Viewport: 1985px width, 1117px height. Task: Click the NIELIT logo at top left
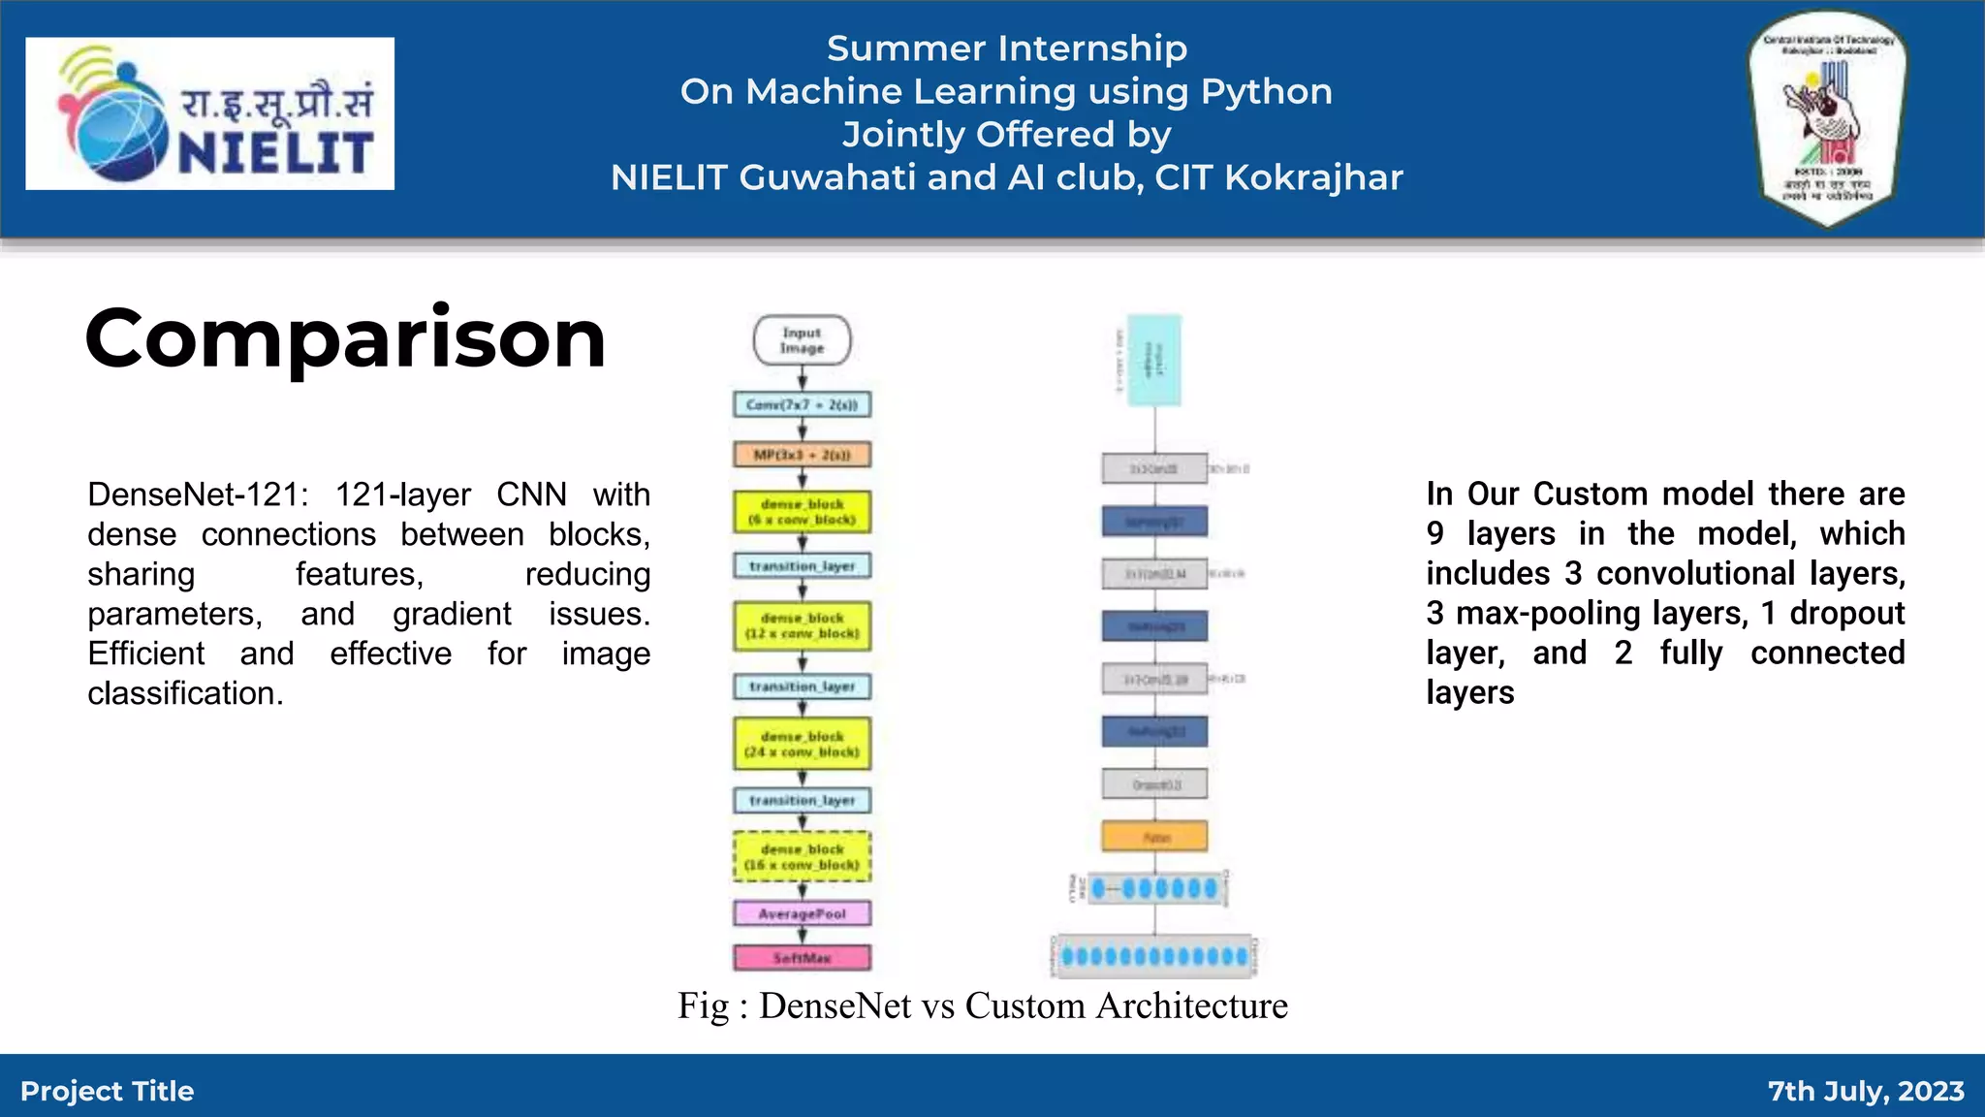209,113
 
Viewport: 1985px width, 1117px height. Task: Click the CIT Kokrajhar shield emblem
1827,118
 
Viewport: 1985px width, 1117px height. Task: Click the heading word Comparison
345,338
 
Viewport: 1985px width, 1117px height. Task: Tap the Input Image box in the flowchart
802,340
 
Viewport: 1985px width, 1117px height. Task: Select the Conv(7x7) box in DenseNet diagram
802,404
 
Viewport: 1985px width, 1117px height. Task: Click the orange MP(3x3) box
802,455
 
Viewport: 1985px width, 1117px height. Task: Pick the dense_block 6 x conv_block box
802,512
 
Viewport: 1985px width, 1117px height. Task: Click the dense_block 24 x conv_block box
802,744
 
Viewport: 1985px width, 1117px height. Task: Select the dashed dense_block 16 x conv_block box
802,856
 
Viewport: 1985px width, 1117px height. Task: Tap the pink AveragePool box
802,913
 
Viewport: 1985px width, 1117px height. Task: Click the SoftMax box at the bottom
802,958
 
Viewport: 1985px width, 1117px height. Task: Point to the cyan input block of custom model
1154,360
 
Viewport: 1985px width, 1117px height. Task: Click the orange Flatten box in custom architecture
1154,836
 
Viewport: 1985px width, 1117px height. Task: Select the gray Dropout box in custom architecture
1154,783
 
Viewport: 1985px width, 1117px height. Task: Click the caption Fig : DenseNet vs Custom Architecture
982,1005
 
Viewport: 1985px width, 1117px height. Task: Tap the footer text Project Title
107,1091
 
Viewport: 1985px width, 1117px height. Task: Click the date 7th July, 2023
1865,1091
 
